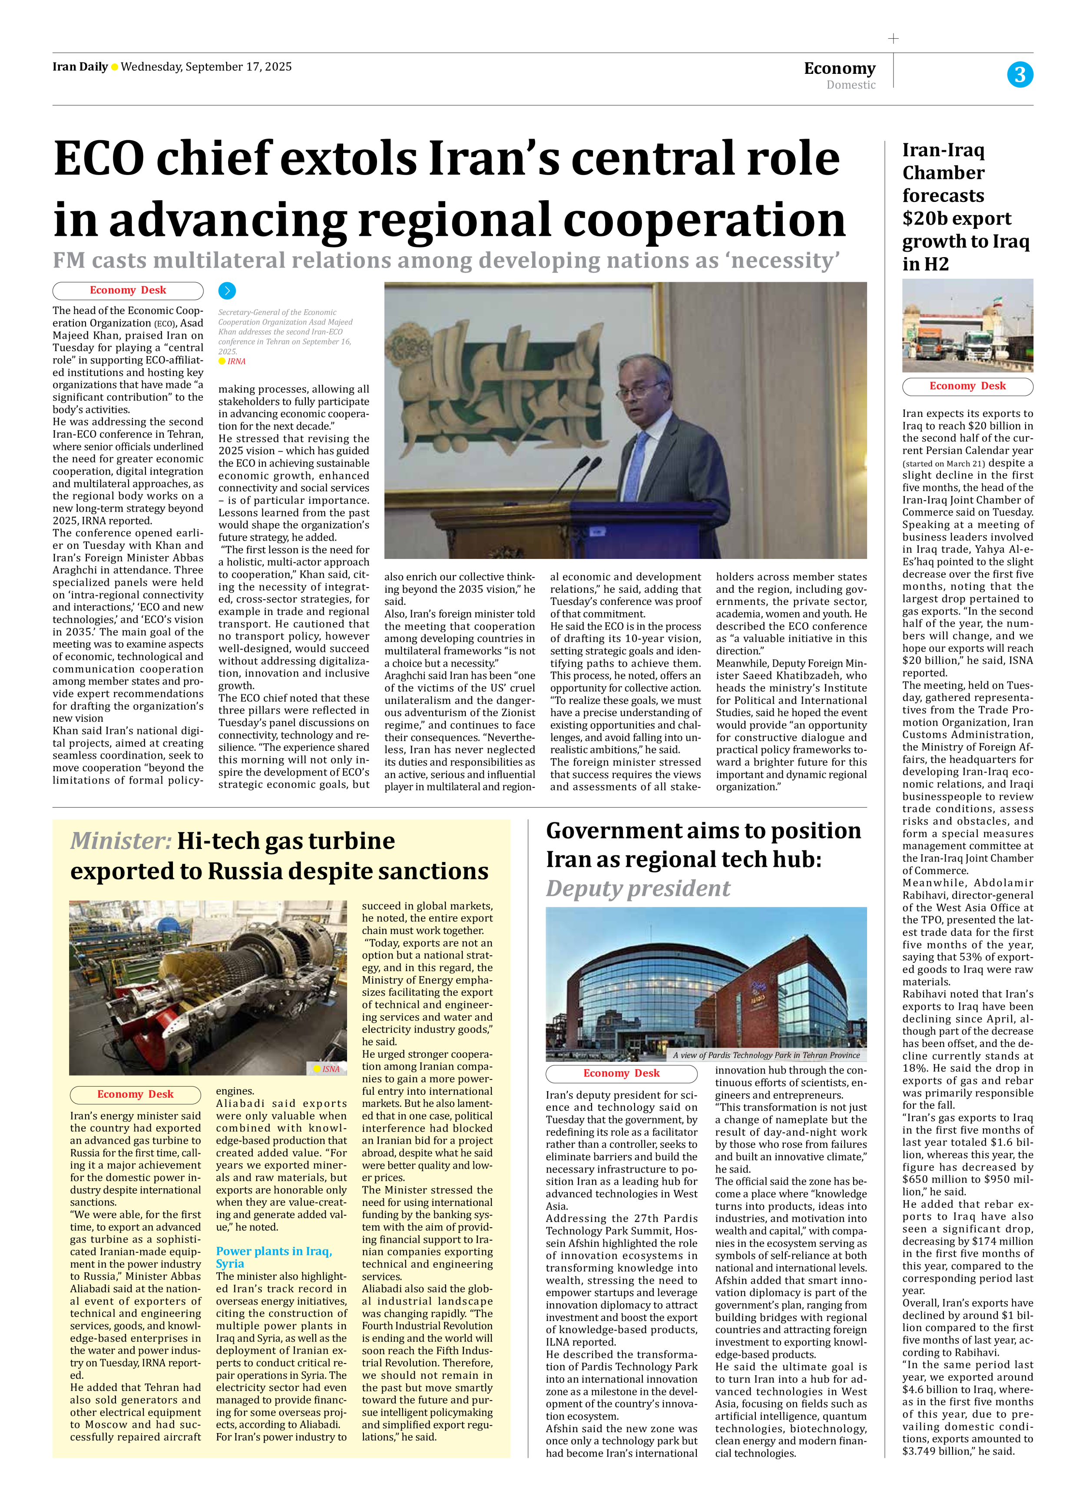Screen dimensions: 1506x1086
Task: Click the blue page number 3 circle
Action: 1020,74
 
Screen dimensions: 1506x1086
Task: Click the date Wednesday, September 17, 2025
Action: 206,66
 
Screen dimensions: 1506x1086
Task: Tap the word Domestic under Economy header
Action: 851,85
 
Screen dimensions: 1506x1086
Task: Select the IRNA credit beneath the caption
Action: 236,361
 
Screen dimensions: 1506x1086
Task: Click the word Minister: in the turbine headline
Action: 121,841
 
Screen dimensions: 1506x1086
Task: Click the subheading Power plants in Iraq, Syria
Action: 274,1257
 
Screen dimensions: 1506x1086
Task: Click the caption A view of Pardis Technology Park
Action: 766,1054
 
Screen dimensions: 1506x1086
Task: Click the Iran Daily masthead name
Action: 79,66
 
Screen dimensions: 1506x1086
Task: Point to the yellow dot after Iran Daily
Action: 114,67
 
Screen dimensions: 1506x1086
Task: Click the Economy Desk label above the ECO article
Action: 128,290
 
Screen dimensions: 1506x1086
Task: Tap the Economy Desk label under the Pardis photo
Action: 621,1073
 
